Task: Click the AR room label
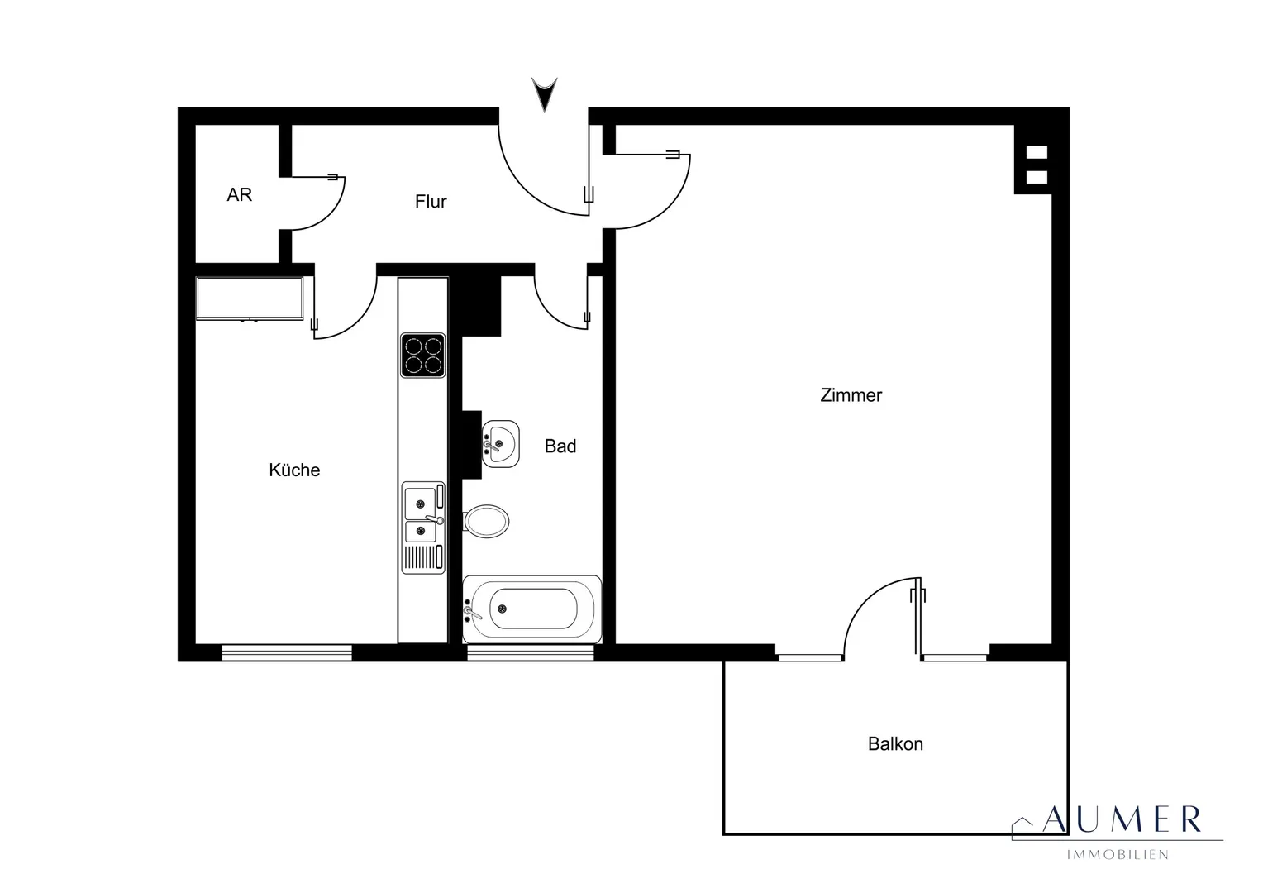pos(239,194)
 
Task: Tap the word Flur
pos(431,202)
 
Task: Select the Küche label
pos(294,470)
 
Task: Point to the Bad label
pos(560,446)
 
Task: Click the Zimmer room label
pos(851,395)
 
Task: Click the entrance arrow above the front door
pos(544,94)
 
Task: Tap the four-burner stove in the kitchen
pos(422,356)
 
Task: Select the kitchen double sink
pos(423,528)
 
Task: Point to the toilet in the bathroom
pos(486,521)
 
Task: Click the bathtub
pos(531,609)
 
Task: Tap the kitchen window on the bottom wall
pos(287,652)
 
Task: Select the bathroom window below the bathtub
pos(531,652)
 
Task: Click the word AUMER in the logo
pos(1122,819)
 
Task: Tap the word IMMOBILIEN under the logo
pos(1118,855)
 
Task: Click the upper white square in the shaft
pos(1037,152)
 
